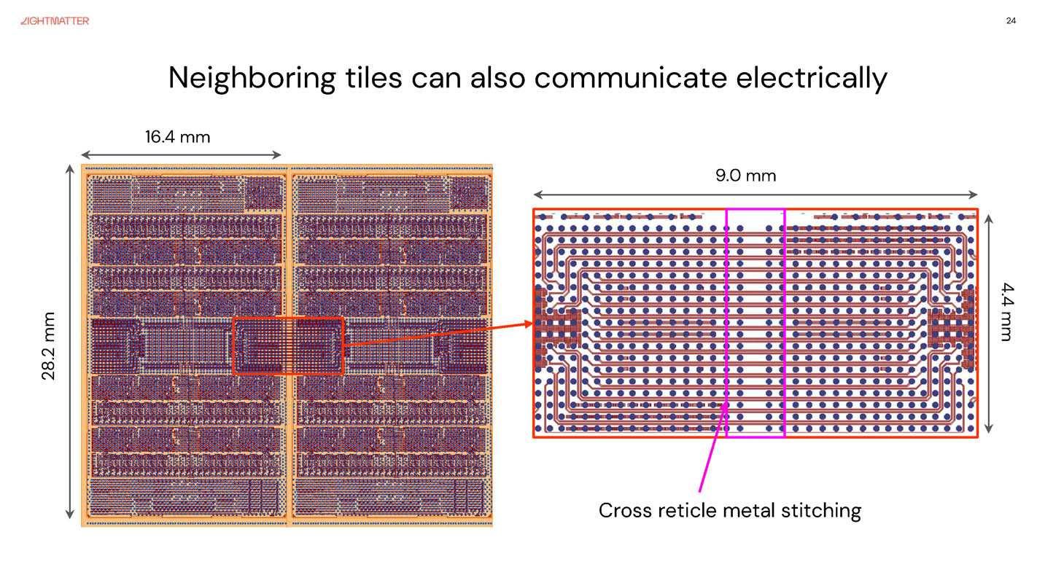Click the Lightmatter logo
click(55, 21)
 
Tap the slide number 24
click(1011, 20)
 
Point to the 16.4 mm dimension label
click(177, 136)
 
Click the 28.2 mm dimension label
click(49, 345)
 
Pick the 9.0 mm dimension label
click(745, 176)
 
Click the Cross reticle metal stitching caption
click(729, 510)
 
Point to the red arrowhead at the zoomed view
click(529, 326)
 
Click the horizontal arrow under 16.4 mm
click(181, 154)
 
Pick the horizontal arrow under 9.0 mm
click(756, 195)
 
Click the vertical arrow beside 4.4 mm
click(988, 324)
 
